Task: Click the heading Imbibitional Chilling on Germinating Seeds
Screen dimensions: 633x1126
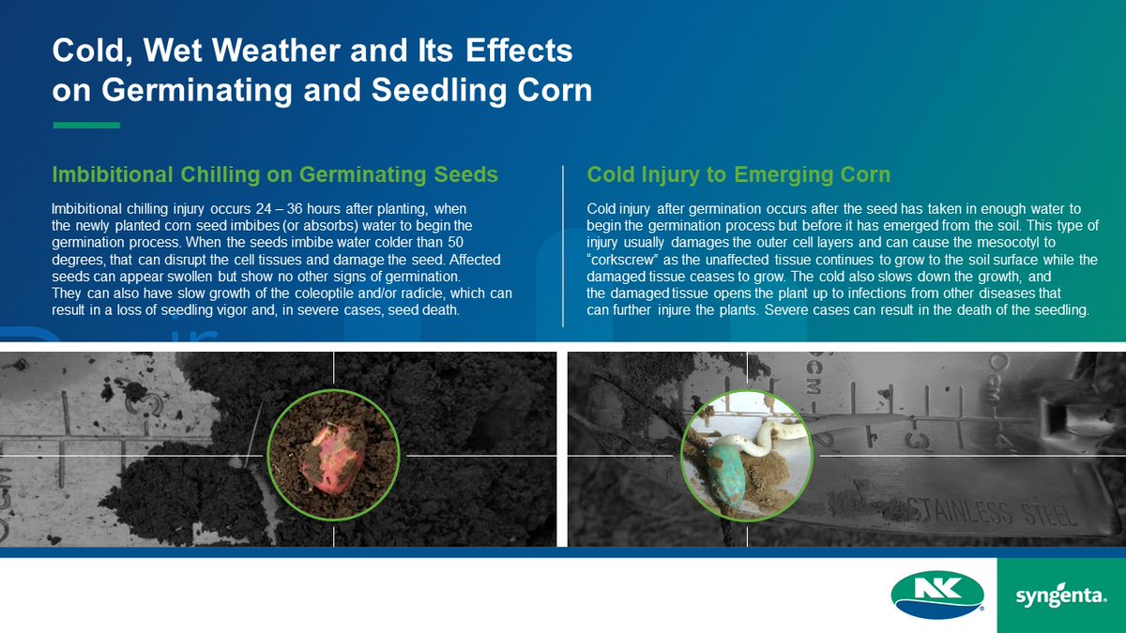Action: click(x=275, y=174)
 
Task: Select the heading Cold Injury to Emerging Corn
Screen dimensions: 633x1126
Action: click(x=738, y=174)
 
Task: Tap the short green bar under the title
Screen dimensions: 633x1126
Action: click(x=86, y=125)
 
